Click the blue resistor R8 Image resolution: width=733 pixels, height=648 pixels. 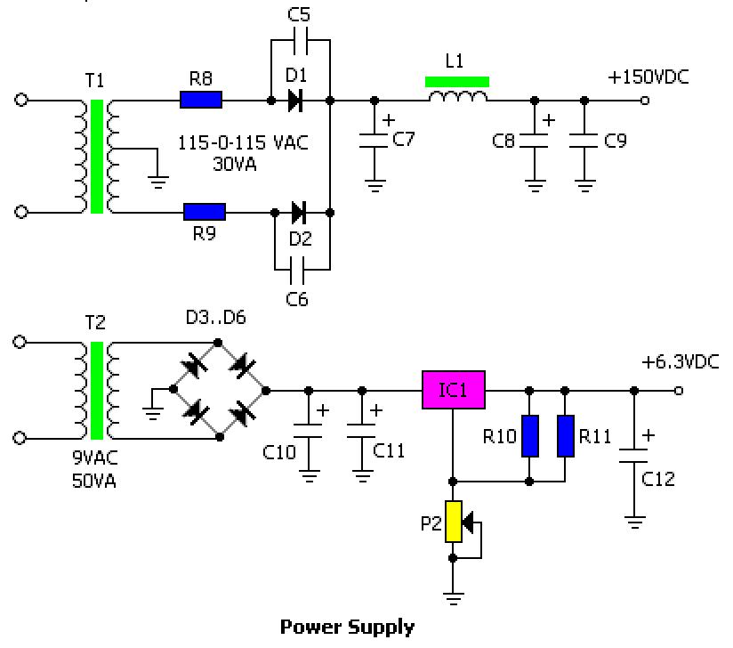click(201, 100)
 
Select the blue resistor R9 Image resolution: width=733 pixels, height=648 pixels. click(205, 212)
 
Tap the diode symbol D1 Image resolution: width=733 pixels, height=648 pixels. click(295, 100)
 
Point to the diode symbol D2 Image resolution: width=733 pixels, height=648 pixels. click(299, 213)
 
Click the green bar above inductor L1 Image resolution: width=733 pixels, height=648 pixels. click(457, 82)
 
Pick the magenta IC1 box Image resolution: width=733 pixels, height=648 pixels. click(454, 390)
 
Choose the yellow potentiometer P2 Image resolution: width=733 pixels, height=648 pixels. click(453, 522)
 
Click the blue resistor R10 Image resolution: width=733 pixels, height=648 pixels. click(529, 436)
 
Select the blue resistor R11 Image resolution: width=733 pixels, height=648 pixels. click(566, 436)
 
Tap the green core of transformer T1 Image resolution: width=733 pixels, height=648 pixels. click(97, 157)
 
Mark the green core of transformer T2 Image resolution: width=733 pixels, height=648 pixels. click(97, 391)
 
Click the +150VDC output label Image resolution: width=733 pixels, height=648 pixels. click(648, 77)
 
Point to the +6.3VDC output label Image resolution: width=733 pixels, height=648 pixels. click(681, 362)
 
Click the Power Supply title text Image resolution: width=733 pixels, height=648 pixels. click(347, 627)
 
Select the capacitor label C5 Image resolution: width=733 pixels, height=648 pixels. click(298, 14)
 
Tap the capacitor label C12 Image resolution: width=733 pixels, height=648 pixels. click(657, 479)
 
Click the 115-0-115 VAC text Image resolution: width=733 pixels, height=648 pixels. click(243, 142)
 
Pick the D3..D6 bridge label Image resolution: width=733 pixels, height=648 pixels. click(216, 317)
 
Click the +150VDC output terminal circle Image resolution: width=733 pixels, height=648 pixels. click(645, 100)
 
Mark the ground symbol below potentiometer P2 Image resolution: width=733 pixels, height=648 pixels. click(453, 598)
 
